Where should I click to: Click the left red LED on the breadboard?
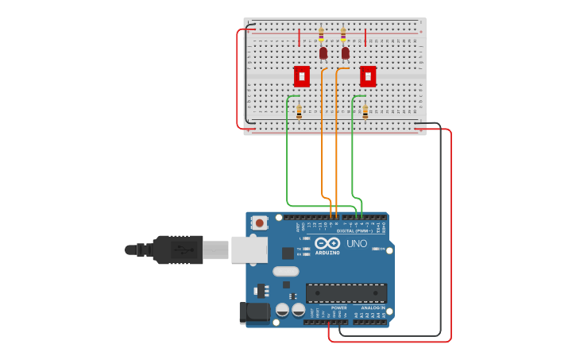[x=323, y=53]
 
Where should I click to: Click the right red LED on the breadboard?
[x=345, y=53]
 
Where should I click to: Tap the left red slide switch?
[x=302, y=76]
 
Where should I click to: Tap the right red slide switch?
[x=367, y=76]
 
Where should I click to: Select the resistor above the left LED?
[x=321, y=35]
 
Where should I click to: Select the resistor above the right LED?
[x=343, y=35]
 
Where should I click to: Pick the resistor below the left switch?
[x=299, y=112]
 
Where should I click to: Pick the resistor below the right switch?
[x=365, y=112]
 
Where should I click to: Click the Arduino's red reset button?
[x=260, y=224]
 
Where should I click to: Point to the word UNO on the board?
[x=357, y=244]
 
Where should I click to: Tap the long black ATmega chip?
[x=346, y=292]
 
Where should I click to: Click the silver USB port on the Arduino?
[x=249, y=250]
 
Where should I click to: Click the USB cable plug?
[x=178, y=250]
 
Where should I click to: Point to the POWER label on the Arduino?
[x=338, y=308]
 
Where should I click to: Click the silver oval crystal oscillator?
[x=286, y=272]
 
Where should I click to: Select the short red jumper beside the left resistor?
[x=300, y=37]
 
